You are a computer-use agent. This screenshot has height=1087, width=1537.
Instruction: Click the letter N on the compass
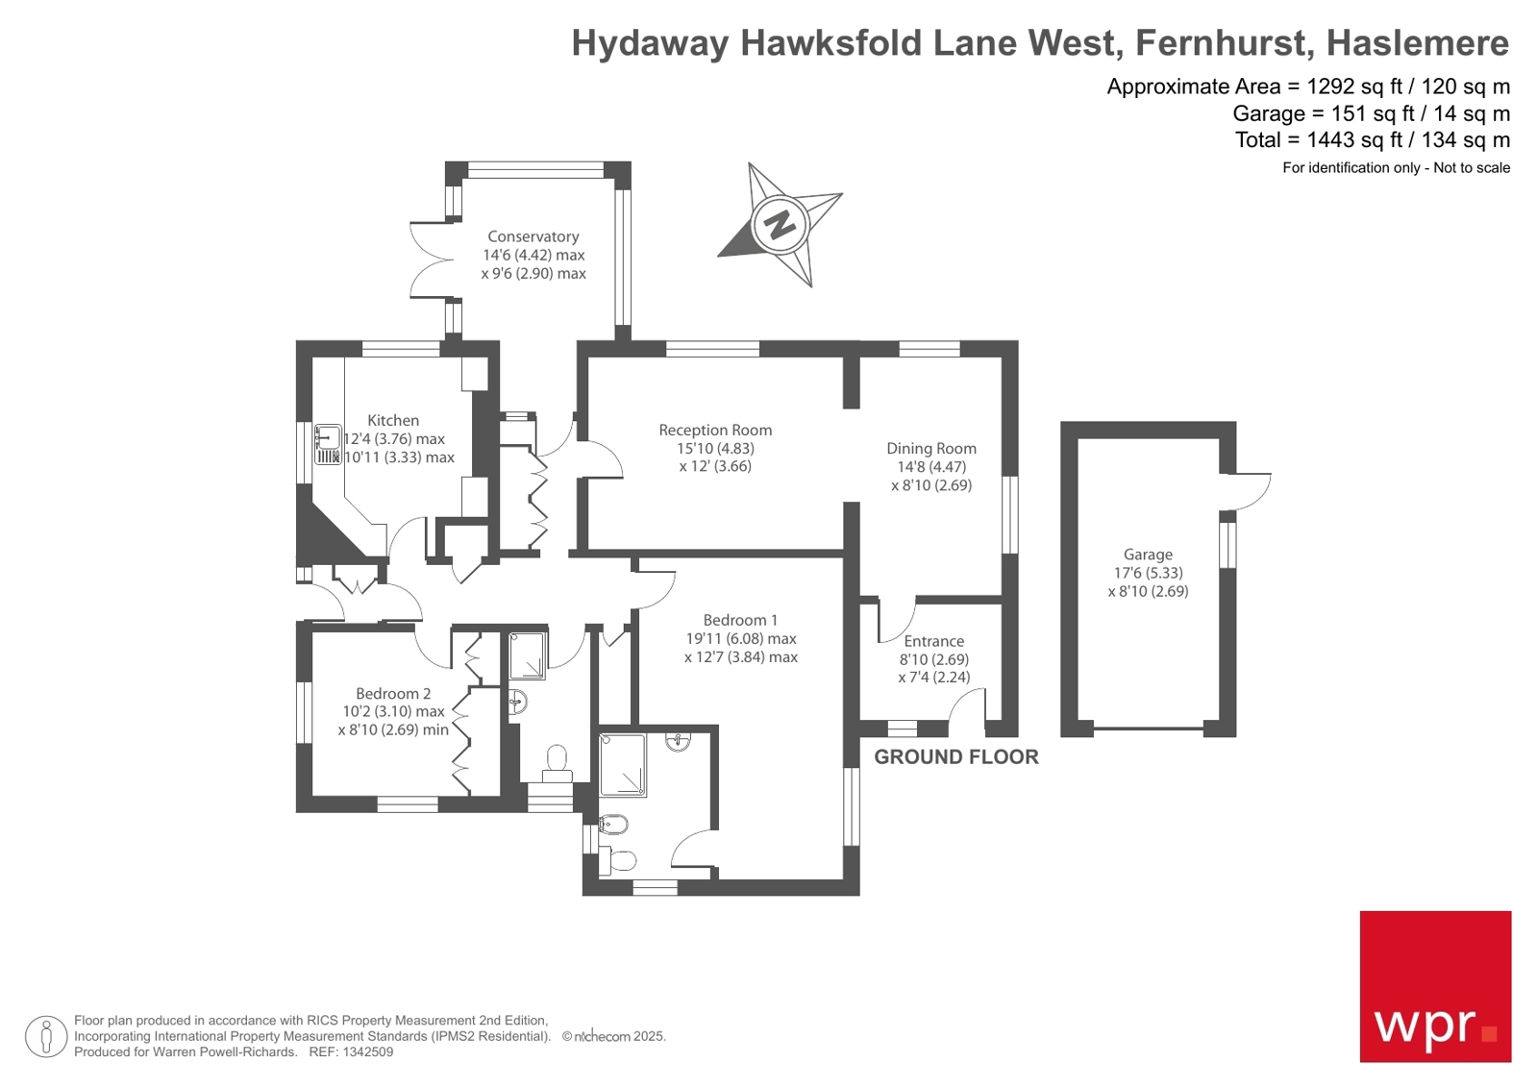click(x=780, y=226)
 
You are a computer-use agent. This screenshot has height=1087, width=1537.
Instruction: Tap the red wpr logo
click(x=1434, y=986)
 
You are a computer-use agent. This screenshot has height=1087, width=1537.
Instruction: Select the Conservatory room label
click(x=533, y=236)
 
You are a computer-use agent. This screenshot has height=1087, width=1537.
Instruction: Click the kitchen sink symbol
click(x=328, y=445)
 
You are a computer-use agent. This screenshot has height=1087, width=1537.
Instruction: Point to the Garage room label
click(x=1148, y=555)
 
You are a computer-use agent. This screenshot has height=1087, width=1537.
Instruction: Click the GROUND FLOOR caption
click(x=955, y=757)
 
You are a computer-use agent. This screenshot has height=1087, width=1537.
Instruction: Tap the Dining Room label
click(x=930, y=449)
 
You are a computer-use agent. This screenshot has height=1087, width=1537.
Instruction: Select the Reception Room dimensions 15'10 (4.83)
click(x=715, y=449)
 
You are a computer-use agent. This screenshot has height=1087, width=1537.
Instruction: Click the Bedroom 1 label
click(x=740, y=621)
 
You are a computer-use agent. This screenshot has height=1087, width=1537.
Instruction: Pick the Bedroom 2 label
click(x=393, y=694)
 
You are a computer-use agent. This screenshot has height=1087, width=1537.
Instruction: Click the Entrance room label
click(x=933, y=642)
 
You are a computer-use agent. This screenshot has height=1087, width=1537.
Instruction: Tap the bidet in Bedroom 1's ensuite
click(x=612, y=825)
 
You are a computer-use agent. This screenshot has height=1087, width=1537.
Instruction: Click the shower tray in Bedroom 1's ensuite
click(x=623, y=765)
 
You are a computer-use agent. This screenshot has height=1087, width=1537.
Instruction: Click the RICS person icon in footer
click(x=45, y=1036)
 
